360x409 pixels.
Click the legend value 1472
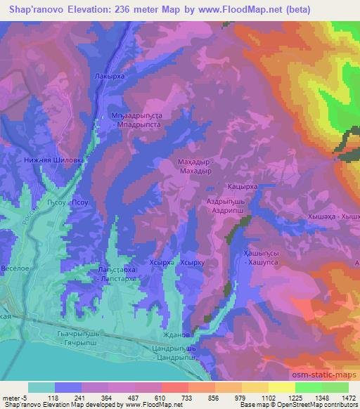[343, 398]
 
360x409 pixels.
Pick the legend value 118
[53, 398]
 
